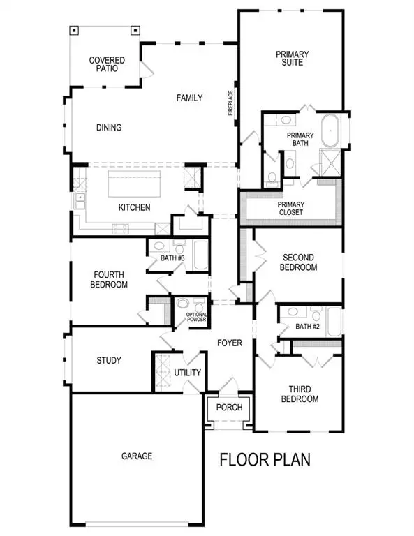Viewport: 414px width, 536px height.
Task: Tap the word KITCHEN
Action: coord(135,208)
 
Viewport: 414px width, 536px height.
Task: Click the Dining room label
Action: coord(109,128)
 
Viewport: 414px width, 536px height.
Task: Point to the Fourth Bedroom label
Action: coord(109,280)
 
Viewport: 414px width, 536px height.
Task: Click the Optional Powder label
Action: coord(197,318)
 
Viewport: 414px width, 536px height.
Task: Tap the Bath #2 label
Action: coord(307,326)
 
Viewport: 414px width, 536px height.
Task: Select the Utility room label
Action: coord(188,373)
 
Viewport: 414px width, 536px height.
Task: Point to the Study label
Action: coord(109,361)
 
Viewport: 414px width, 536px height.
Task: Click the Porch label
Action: coord(228,408)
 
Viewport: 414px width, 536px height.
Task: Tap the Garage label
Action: coord(135,456)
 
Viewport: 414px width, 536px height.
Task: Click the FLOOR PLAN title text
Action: coord(265,460)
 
